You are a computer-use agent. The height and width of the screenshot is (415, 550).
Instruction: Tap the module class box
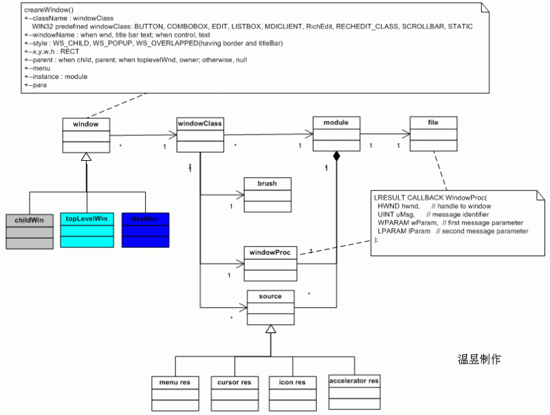click(x=336, y=133)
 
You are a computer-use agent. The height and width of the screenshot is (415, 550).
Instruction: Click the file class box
click(x=432, y=133)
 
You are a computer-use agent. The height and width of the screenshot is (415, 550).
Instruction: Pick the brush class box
click(x=267, y=195)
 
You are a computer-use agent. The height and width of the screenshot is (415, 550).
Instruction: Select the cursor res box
click(x=234, y=392)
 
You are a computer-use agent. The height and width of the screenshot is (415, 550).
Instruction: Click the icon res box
click(x=292, y=392)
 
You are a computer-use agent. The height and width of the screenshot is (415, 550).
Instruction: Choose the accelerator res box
click(x=353, y=391)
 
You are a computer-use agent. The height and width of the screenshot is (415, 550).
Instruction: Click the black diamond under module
click(x=336, y=157)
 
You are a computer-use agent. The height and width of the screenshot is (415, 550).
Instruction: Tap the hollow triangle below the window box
click(x=86, y=158)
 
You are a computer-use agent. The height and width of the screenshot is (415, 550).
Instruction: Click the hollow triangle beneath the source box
click(x=271, y=330)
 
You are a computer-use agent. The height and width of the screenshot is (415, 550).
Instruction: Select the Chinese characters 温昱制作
click(x=479, y=359)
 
